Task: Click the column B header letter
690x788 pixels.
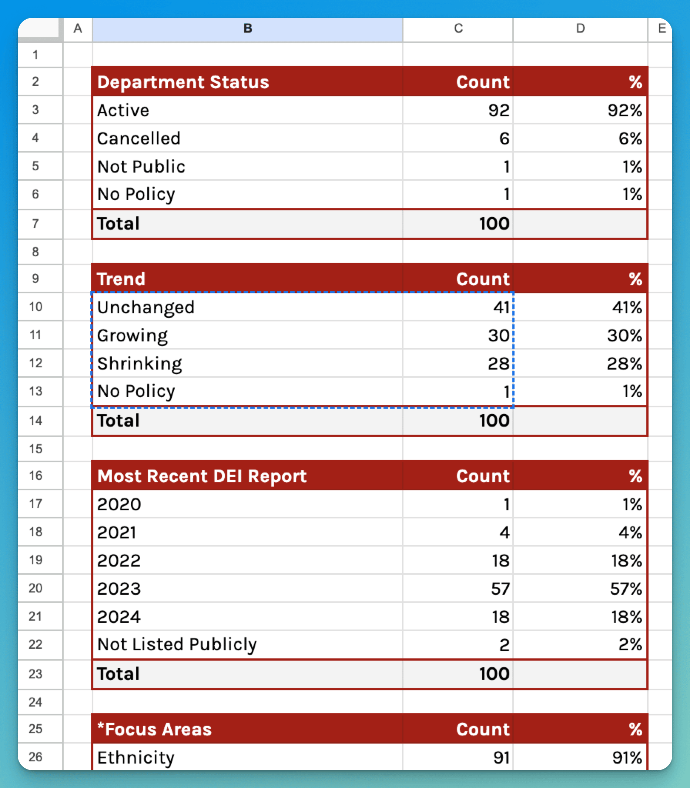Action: [248, 28]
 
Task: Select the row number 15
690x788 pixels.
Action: [36, 449]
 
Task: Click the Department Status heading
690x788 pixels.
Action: [183, 82]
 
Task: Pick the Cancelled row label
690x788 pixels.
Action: [138, 138]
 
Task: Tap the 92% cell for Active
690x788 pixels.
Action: [624, 111]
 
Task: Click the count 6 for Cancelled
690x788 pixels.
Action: [504, 138]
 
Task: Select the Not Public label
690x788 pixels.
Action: [141, 166]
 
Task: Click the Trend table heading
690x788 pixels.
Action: [121, 279]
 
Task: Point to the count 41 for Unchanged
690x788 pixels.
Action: [501, 307]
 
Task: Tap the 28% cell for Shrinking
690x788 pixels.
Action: [624, 364]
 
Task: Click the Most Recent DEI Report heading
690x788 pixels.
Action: [202, 476]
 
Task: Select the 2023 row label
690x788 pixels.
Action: [119, 588]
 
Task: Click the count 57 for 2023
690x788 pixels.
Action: [500, 588]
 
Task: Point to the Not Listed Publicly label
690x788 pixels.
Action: [177, 644]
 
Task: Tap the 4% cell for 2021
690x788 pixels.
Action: [630, 532]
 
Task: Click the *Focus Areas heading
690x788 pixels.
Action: [154, 729]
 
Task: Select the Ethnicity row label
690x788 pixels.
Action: [135, 758]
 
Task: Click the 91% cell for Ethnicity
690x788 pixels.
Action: [627, 758]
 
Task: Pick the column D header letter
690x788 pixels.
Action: [580, 28]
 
